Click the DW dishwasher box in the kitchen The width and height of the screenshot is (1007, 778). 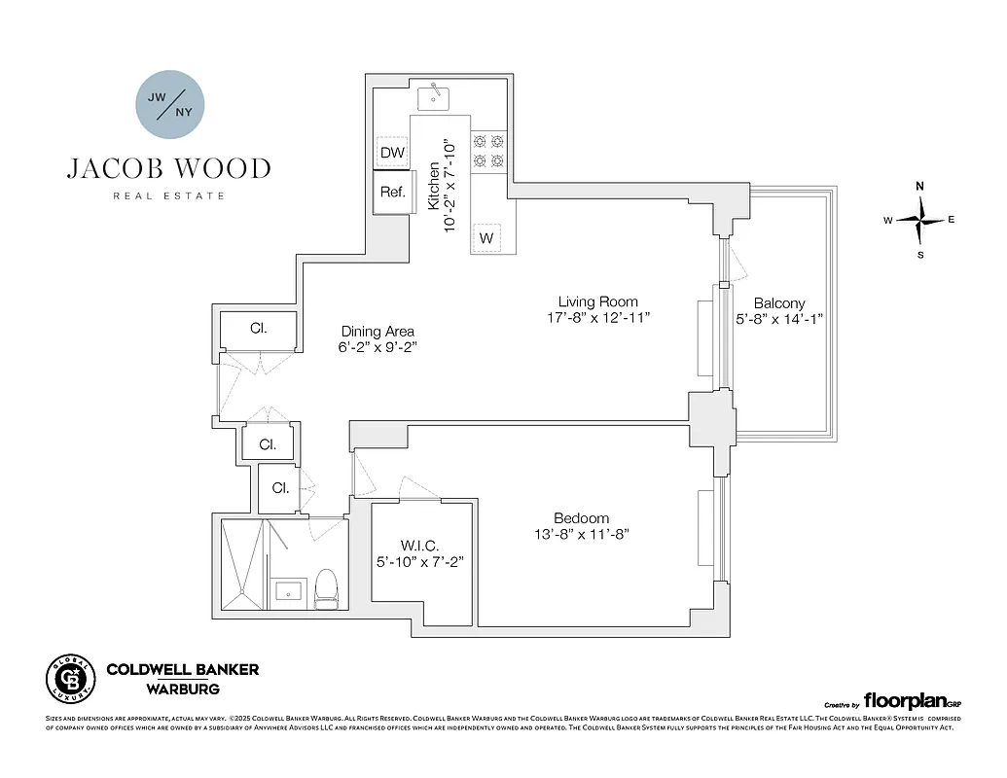pos(392,153)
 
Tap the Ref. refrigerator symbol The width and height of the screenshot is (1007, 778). pos(392,192)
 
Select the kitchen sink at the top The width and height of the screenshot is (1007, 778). pos(433,97)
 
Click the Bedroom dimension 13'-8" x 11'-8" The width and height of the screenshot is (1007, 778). pos(581,534)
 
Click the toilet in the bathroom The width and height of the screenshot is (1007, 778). pos(326,589)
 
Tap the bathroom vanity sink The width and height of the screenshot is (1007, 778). pos(288,591)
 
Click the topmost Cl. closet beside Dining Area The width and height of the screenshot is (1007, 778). pos(258,329)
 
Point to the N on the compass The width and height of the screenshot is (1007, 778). pos(919,186)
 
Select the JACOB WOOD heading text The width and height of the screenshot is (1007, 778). pos(169,169)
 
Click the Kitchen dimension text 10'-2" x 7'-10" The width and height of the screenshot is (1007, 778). pos(450,175)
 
